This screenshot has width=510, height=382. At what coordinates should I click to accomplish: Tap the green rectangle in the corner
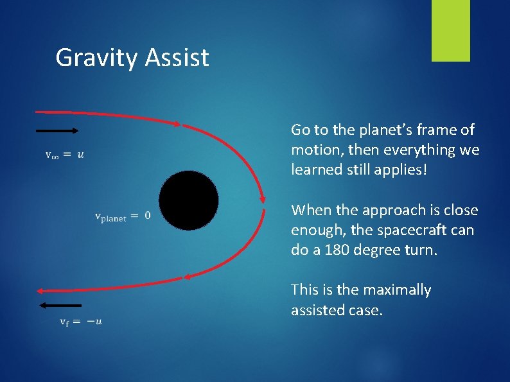point(450,31)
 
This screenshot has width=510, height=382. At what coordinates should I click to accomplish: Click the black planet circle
point(189,200)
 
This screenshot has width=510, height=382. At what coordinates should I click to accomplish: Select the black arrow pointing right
point(57,130)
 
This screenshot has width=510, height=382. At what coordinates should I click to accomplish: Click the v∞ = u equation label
point(64,154)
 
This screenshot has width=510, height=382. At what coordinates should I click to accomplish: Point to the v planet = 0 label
point(123,216)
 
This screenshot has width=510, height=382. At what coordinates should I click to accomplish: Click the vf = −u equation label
point(80,321)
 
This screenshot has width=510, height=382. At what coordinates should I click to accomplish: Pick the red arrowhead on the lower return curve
point(188,277)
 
